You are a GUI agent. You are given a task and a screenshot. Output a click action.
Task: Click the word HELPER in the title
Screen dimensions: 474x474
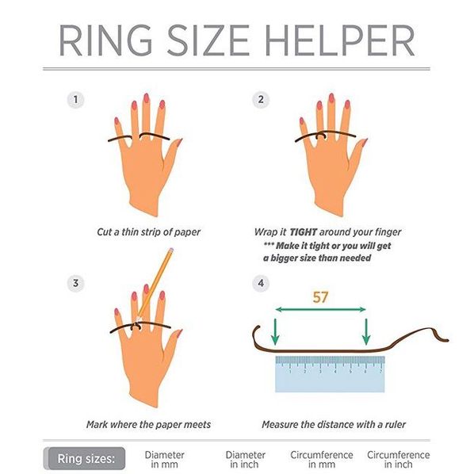339,40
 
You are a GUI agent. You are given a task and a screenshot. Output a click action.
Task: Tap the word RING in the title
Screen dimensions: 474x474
105,40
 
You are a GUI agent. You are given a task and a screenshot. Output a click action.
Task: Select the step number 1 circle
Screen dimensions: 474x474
75,99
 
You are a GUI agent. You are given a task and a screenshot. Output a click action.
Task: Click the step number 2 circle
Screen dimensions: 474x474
261,99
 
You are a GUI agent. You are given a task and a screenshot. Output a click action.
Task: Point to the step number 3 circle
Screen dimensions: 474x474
75,283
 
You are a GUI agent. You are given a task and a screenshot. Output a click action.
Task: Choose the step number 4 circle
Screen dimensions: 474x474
261,283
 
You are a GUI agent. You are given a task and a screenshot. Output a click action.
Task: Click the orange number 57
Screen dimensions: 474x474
320,297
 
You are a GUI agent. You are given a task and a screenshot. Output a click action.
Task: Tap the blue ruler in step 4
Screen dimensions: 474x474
330,374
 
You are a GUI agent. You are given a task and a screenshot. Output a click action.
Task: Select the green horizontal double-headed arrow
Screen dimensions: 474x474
321,309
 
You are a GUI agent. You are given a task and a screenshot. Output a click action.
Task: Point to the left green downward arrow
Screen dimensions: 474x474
275,331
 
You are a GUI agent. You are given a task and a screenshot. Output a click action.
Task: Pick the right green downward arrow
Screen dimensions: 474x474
366,331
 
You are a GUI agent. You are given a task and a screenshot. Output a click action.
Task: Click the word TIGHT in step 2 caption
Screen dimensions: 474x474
304,232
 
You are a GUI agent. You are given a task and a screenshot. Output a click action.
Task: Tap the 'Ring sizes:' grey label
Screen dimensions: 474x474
86,459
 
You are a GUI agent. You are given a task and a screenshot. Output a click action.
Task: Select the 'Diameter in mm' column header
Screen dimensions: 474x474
164,459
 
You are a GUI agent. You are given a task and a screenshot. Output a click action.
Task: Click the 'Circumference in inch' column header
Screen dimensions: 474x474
399,459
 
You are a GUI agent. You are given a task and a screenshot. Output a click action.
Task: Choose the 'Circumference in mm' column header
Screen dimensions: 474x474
322,459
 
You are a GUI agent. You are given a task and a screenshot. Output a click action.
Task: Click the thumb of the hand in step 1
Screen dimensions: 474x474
172,155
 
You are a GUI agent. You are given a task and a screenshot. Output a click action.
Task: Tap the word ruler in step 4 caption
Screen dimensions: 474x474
396,424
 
